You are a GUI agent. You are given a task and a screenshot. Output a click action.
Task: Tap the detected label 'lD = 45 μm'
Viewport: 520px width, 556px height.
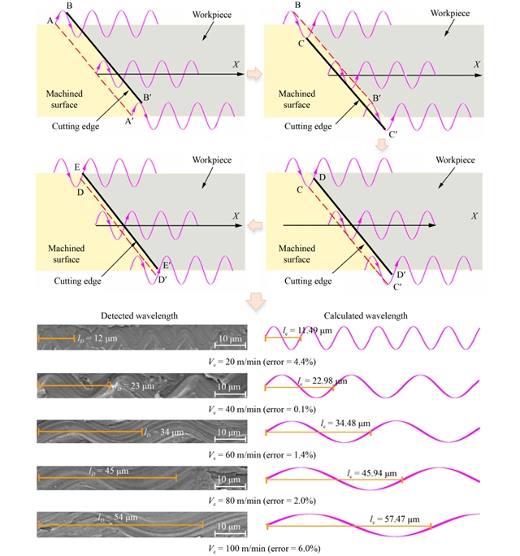pyautogui.click(x=108, y=470)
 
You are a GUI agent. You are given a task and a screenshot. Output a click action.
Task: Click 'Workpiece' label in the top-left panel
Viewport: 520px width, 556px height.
pyautogui.click(x=213, y=15)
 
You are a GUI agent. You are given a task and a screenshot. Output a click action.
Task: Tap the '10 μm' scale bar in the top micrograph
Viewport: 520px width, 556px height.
pyautogui.click(x=229, y=338)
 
